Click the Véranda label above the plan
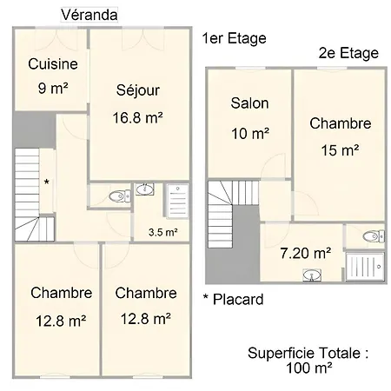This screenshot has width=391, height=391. pyautogui.click(x=89, y=15)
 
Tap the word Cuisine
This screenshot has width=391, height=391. pyautogui.click(x=53, y=63)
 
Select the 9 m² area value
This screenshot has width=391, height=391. pyautogui.click(x=53, y=88)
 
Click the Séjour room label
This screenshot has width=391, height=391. pyautogui.click(x=138, y=90)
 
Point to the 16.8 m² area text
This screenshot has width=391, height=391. pyautogui.click(x=137, y=117)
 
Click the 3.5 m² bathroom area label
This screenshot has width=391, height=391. pyautogui.click(x=163, y=232)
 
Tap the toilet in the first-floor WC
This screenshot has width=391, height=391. pyautogui.click(x=120, y=196)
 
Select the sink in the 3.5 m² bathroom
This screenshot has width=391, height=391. pyautogui.click(x=145, y=189)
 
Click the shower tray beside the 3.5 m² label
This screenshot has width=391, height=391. pyautogui.click(x=177, y=201)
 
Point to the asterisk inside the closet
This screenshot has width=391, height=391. pyautogui.click(x=46, y=182)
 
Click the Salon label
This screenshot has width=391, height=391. pyautogui.click(x=249, y=103)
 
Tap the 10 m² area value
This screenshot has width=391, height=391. pyautogui.click(x=250, y=133)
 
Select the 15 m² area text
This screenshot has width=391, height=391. pyautogui.click(x=340, y=150)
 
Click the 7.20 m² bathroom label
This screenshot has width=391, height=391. pyautogui.click(x=306, y=253)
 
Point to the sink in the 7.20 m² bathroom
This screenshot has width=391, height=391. pyautogui.click(x=312, y=275)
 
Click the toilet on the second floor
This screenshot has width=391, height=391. pyautogui.click(x=374, y=236)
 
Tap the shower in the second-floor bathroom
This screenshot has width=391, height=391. pyautogui.click(x=365, y=267)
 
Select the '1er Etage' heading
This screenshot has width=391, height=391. pyautogui.click(x=234, y=38)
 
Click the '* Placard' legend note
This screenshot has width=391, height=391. pyautogui.click(x=234, y=299)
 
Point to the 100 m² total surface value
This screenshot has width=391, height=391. pyautogui.click(x=308, y=368)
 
